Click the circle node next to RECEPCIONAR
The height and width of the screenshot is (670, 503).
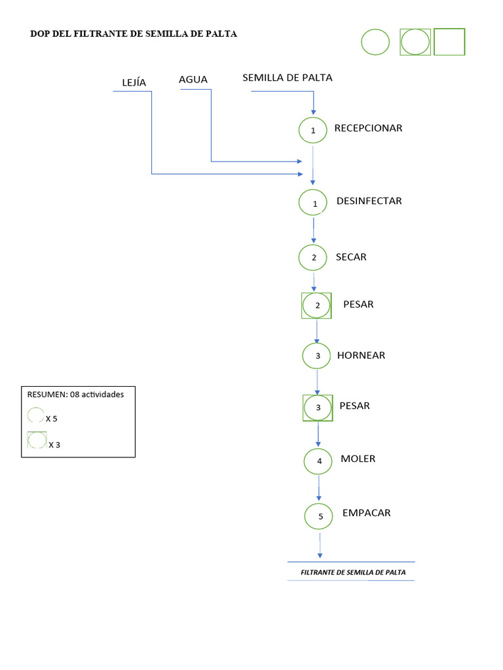tap(313, 130)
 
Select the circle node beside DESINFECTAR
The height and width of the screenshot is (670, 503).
tap(314, 202)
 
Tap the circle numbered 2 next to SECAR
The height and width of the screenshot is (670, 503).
tap(314, 257)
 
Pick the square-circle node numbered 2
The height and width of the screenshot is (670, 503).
tap(317, 306)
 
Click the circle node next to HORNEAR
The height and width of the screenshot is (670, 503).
tap(318, 356)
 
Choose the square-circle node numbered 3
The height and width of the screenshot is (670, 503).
tap(318, 408)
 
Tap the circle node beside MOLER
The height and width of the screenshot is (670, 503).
tap(319, 461)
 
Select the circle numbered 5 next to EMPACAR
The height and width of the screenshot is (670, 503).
tap(320, 516)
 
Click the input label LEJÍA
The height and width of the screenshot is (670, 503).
tap(134, 82)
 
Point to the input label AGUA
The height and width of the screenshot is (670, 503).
tap(193, 80)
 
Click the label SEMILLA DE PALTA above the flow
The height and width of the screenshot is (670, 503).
tap(288, 77)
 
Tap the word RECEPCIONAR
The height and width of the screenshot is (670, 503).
tap(368, 128)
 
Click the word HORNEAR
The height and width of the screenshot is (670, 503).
tap(361, 356)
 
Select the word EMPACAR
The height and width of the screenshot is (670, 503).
tap(366, 513)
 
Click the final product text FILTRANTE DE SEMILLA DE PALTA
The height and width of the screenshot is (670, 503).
tap(353, 573)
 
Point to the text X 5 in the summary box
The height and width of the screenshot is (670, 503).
tap(52, 418)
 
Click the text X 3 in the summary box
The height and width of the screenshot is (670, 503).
tap(54, 445)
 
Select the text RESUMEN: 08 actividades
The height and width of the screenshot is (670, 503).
tap(75, 395)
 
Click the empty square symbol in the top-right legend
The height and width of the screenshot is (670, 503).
tap(449, 42)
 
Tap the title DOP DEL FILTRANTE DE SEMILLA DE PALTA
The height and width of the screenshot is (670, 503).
tap(134, 34)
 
